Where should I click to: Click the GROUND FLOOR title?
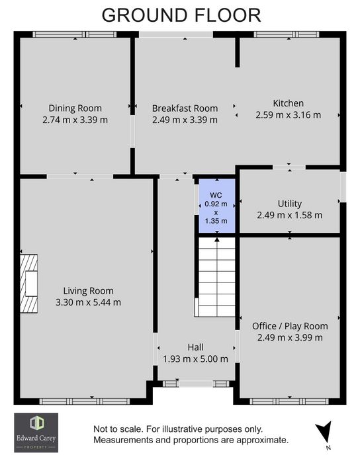click(x=181, y=15)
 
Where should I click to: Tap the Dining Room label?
click(x=75, y=108)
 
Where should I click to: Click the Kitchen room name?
click(x=289, y=103)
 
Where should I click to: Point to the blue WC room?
click(x=217, y=206)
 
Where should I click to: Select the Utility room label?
click(x=290, y=204)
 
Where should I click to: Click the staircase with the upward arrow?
click(x=217, y=277)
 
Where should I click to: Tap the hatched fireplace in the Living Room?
click(x=28, y=284)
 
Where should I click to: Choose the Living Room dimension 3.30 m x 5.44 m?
click(x=88, y=302)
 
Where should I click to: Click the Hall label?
click(x=195, y=347)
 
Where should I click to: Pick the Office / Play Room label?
click(x=290, y=326)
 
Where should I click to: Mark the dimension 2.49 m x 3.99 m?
click(x=290, y=337)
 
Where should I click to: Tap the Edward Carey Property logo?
click(x=36, y=433)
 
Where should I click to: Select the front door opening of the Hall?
click(x=197, y=384)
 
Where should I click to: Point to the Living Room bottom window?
click(x=85, y=401)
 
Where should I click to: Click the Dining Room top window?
click(x=74, y=34)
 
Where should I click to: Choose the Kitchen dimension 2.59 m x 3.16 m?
click(x=289, y=115)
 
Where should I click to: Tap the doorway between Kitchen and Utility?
click(x=289, y=167)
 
